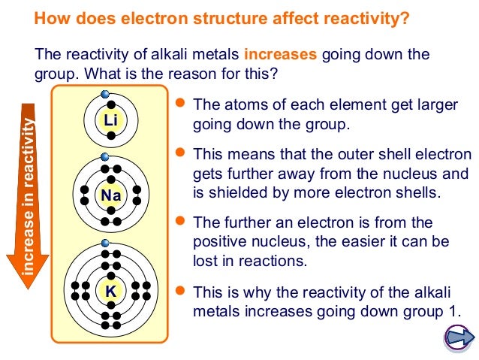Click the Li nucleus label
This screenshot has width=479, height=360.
pyautogui.click(x=111, y=120)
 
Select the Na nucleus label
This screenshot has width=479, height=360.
pyautogui.click(x=111, y=197)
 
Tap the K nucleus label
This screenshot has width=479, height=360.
pyautogui.click(x=111, y=289)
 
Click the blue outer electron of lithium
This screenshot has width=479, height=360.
pyautogui.click(x=104, y=96)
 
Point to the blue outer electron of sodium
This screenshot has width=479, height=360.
pyautogui.click(x=104, y=158)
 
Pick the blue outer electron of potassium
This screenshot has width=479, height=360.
pyautogui.click(x=104, y=243)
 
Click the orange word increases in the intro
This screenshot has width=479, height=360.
pyautogui.click(x=281, y=56)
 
